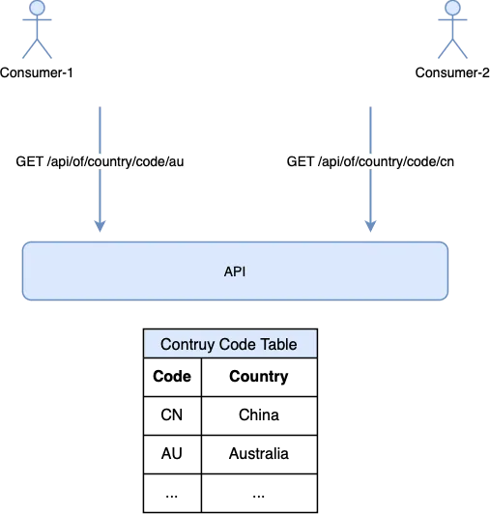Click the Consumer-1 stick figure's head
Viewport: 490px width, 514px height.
(x=37, y=7)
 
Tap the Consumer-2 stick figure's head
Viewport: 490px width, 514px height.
(x=452, y=7)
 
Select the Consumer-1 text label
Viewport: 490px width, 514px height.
(x=37, y=72)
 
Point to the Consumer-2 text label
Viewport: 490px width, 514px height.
(x=452, y=72)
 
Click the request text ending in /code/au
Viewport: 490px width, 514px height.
(x=100, y=161)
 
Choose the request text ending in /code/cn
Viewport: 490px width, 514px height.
(x=370, y=161)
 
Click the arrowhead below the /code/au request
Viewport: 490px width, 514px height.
(x=100, y=226)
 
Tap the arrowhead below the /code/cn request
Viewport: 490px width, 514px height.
(x=370, y=226)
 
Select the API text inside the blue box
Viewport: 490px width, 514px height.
(x=235, y=271)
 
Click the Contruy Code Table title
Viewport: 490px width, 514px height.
(x=229, y=344)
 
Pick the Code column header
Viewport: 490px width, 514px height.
(x=172, y=376)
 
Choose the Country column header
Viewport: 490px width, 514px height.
(x=259, y=377)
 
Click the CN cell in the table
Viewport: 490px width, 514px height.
(x=171, y=414)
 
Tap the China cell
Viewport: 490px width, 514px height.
(x=259, y=414)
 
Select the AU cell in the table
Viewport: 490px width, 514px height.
(x=171, y=453)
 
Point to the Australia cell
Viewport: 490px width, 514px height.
(x=259, y=453)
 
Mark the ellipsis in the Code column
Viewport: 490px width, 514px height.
(x=171, y=497)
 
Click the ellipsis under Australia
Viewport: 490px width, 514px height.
(x=259, y=497)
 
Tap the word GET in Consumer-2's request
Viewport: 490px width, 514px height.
(x=301, y=161)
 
